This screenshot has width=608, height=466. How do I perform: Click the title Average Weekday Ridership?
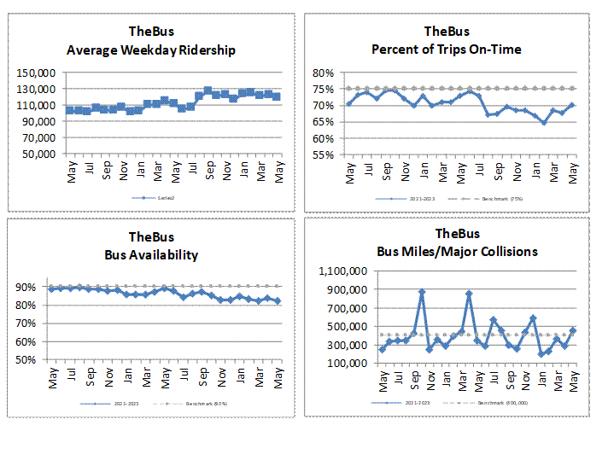[x=150, y=50]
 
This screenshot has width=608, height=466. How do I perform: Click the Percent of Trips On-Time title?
[x=446, y=50]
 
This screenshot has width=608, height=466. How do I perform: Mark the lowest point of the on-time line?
[x=544, y=122]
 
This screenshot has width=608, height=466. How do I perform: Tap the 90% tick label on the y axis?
[x=32, y=288]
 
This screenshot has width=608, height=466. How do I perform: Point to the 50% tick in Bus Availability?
[x=32, y=360]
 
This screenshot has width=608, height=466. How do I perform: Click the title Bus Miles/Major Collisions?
[x=457, y=251]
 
